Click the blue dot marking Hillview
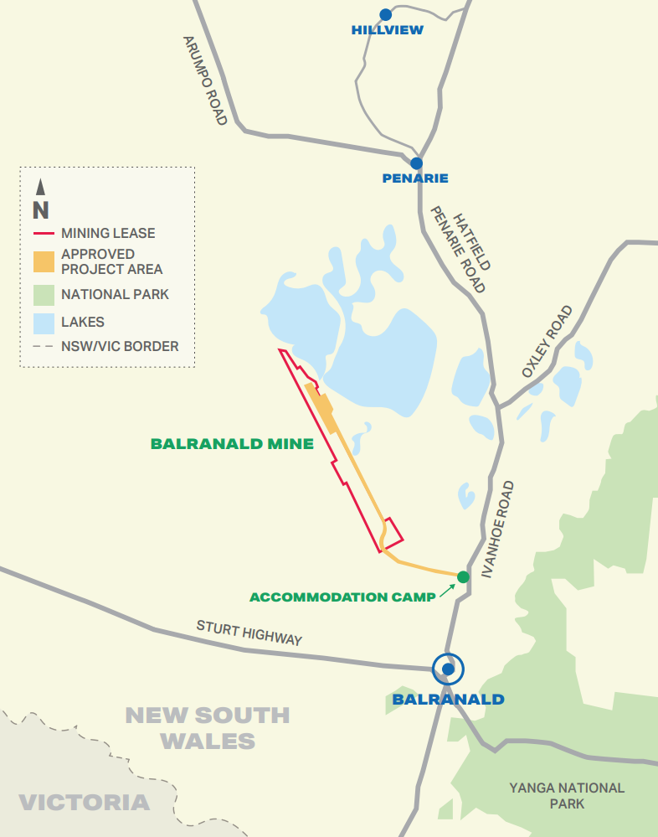(x=386, y=14)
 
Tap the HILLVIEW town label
(x=388, y=30)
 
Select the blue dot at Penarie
(x=416, y=163)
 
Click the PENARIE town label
(x=415, y=178)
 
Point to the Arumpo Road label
(x=206, y=80)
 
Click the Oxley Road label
(x=547, y=341)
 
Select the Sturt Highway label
(x=249, y=633)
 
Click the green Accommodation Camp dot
(x=463, y=576)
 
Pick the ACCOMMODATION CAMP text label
(x=343, y=597)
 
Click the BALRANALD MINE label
(x=232, y=444)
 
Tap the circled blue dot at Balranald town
(x=449, y=669)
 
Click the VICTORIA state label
(x=84, y=803)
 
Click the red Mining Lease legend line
(x=44, y=234)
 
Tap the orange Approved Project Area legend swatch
(x=44, y=261)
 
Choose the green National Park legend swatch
(x=44, y=295)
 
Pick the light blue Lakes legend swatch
(x=44, y=322)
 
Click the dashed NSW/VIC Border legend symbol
(x=44, y=346)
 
